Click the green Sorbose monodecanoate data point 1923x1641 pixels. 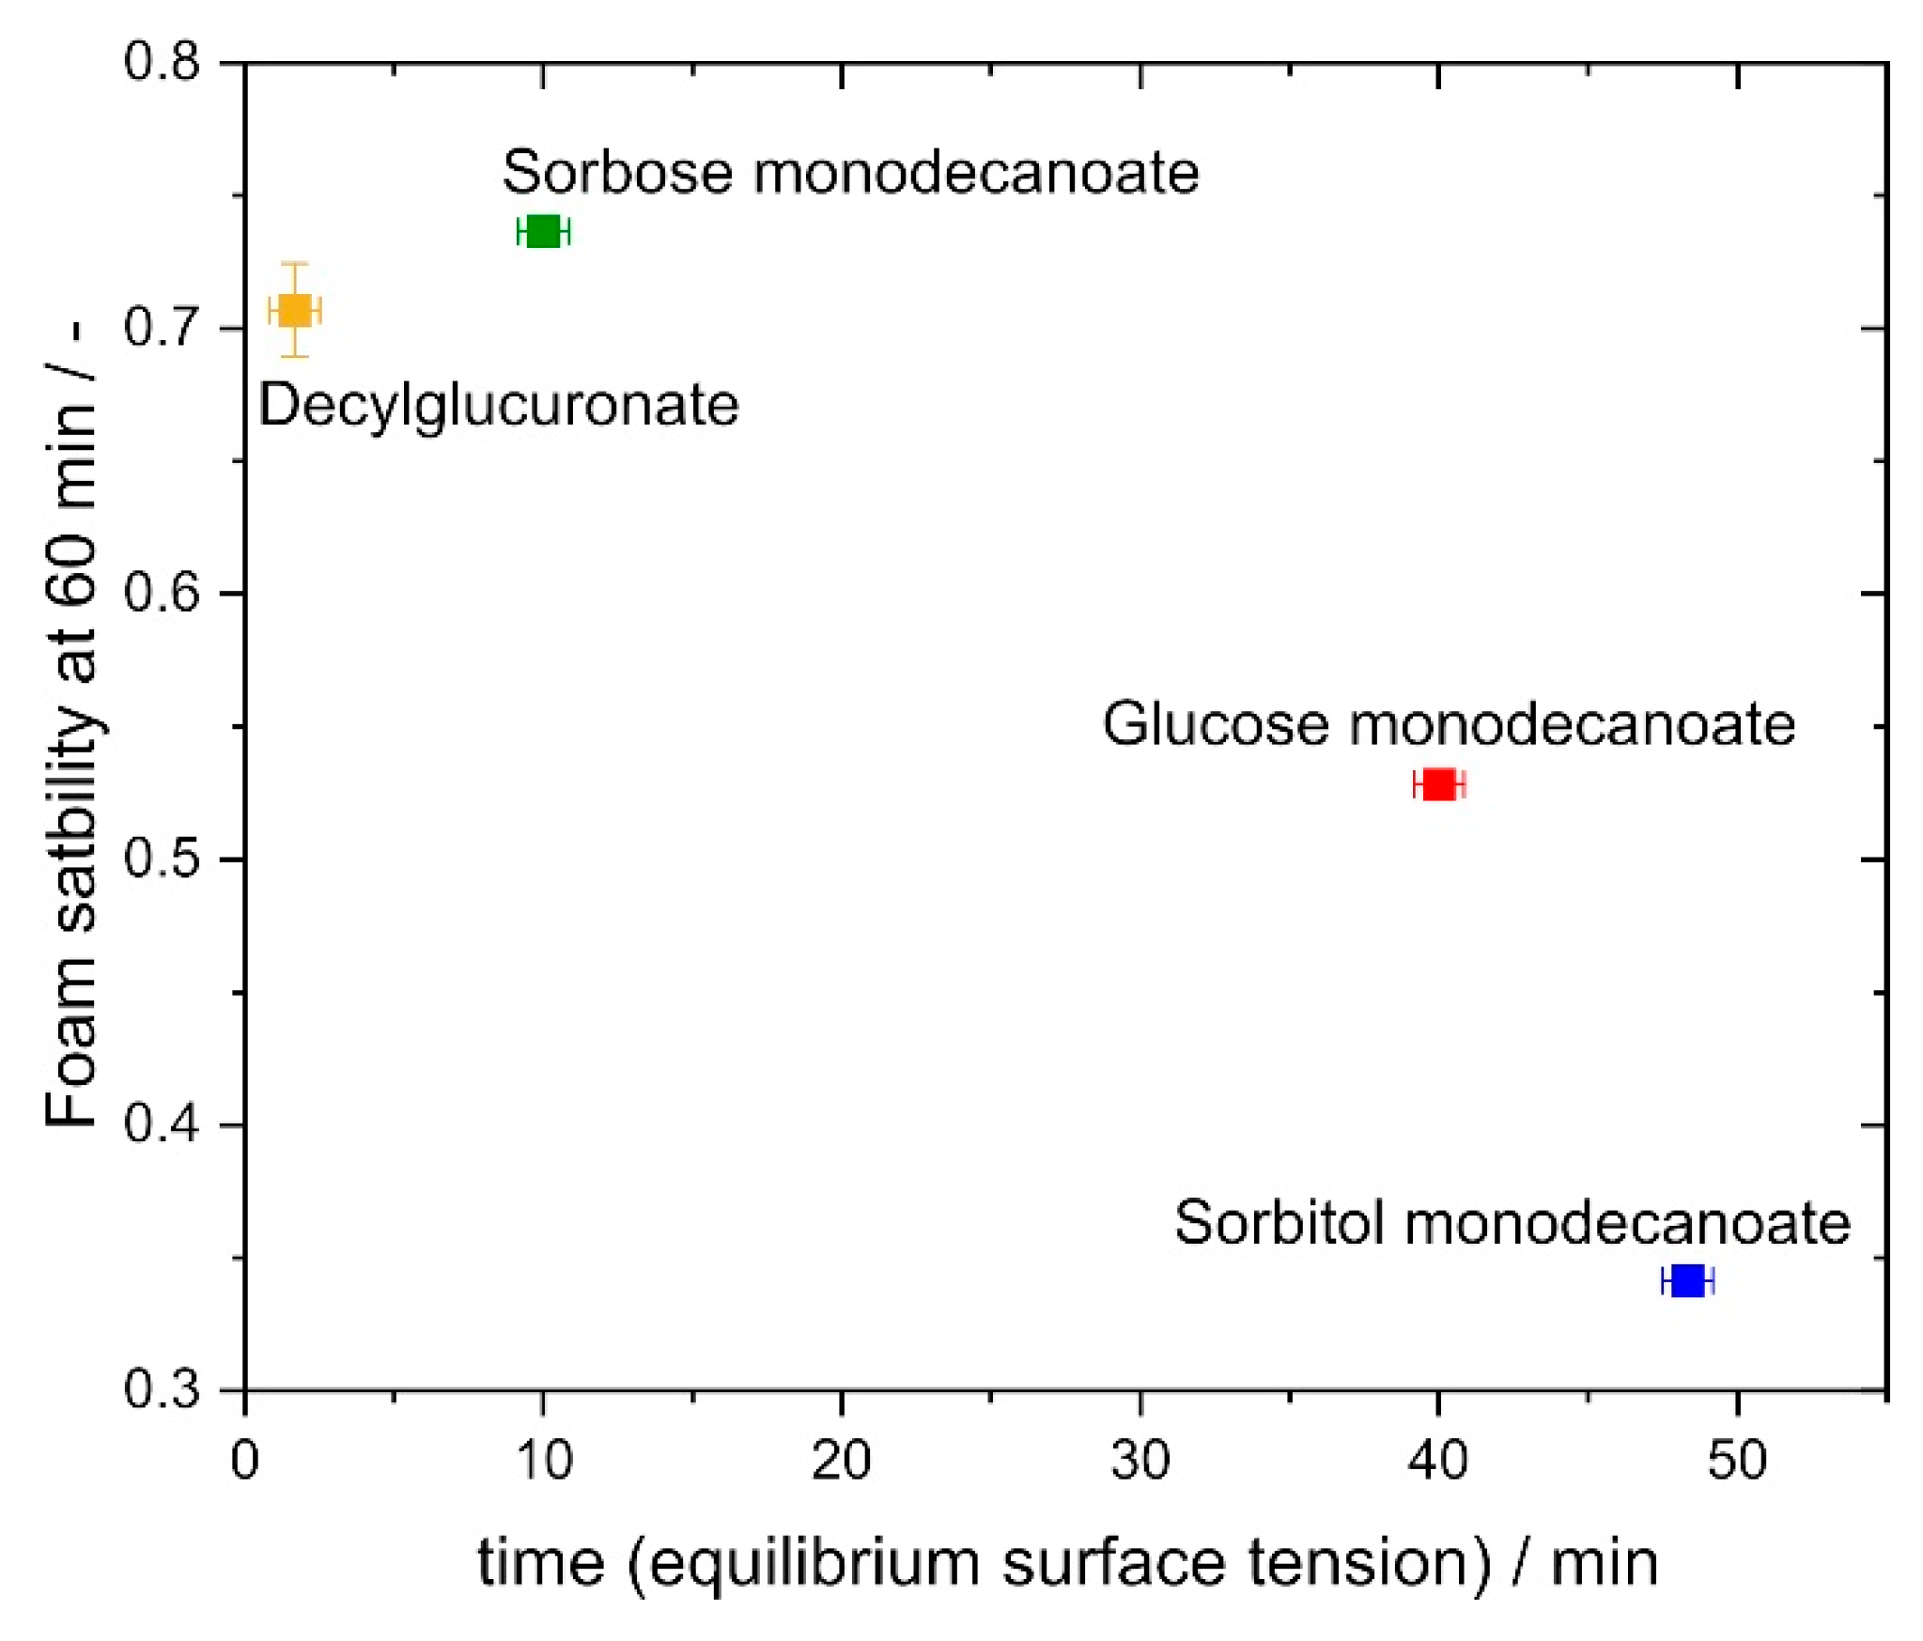pyautogui.click(x=543, y=231)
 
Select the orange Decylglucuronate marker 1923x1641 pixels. pyautogui.click(x=295, y=310)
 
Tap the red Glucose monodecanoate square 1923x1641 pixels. pyautogui.click(x=1438, y=783)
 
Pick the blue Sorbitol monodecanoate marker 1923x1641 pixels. pyautogui.click(x=1687, y=1280)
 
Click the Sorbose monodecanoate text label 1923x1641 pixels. pyautogui.click(x=850, y=173)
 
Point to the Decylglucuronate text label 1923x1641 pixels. pyautogui.click(x=499, y=406)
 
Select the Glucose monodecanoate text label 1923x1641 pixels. pyautogui.click(x=1449, y=724)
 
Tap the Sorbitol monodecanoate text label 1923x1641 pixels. pyautogui.click(x=1512, y=1222)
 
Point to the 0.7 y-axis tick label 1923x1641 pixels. pyautogui.click(x=162, y=328)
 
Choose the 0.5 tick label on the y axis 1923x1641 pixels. pyautogui.click(x=162, y=859)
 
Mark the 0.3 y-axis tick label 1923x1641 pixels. pyautogui.click(x=162, y=1389)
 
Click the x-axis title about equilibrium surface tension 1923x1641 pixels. pyautogui.click(x=1067, y=1563)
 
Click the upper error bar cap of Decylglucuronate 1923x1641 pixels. pyautogui.click(x=295, y=264)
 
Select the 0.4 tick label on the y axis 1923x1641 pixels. pyautogui.click(x=162, y=1124)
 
